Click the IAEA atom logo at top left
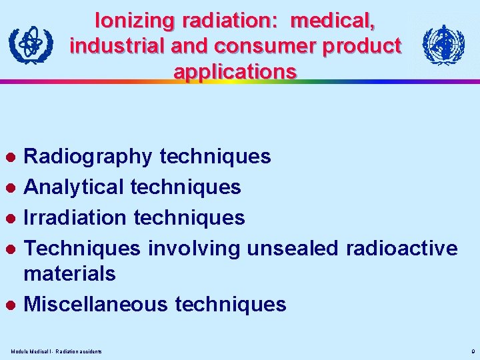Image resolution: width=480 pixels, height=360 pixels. [29, 45]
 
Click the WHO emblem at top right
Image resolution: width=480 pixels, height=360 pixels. [443, 45]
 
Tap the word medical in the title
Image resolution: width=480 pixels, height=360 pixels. [333, 21]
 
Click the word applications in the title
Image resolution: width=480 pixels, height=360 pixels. [235, 71]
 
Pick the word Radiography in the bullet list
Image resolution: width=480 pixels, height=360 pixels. [88, 157]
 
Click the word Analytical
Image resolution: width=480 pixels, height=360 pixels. [74, 187]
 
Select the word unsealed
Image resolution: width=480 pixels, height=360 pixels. [293, 249]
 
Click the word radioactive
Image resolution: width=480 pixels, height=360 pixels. [401, 249]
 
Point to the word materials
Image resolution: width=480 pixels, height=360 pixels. [69, 273]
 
